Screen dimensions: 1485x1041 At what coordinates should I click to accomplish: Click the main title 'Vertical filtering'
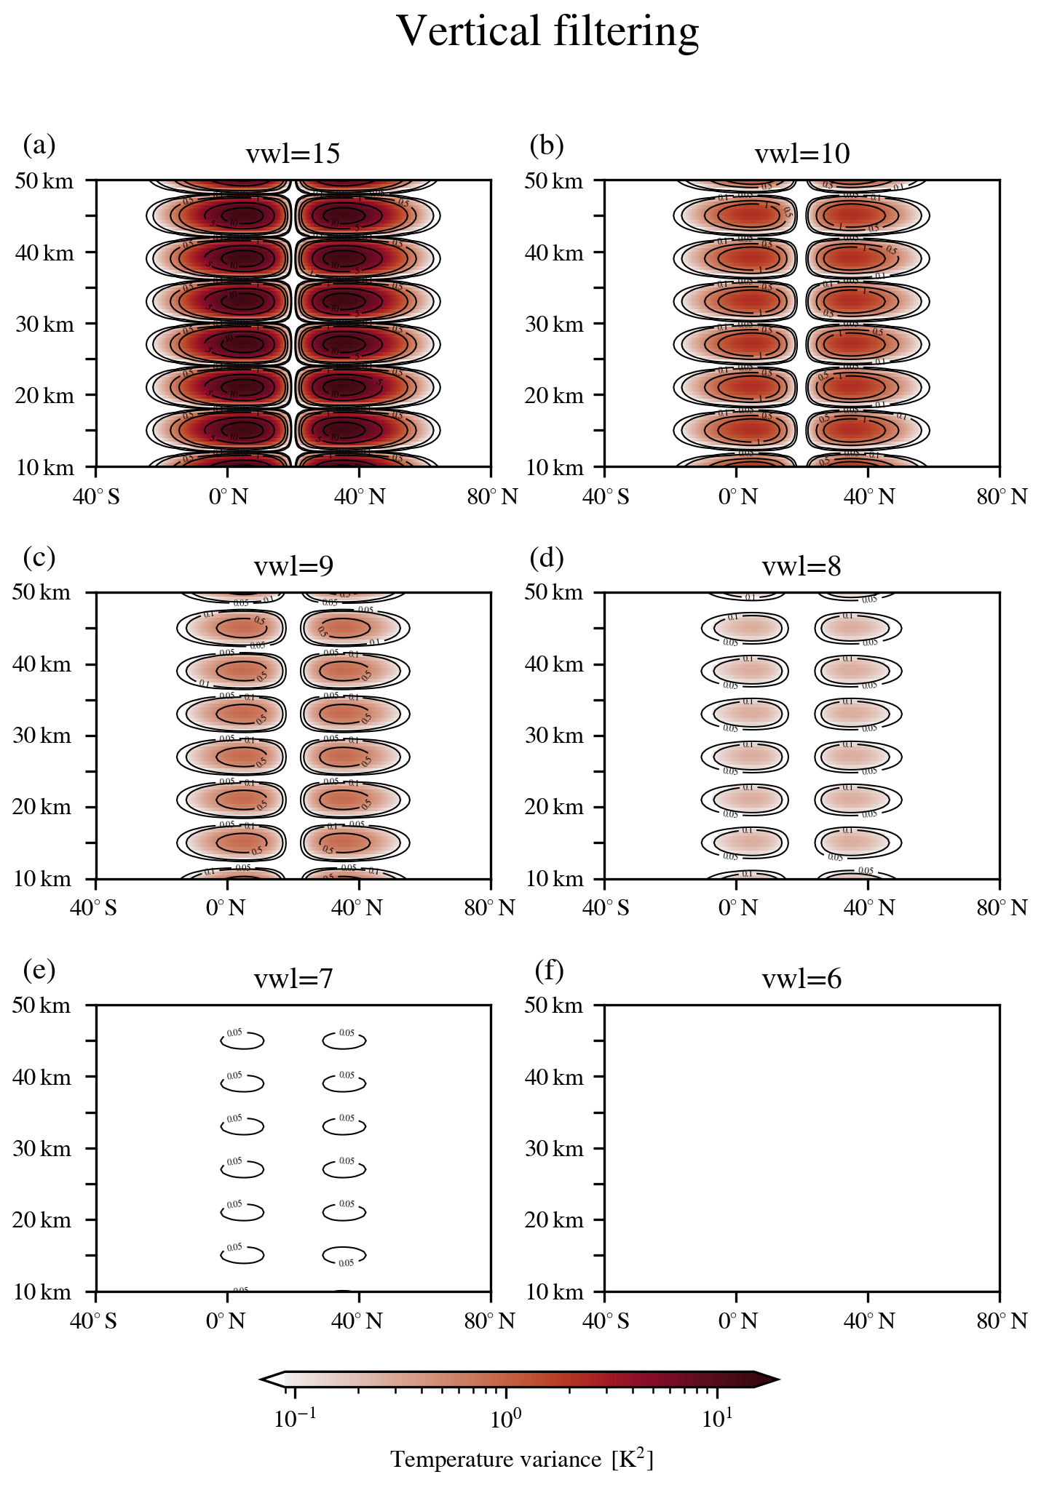pos(547,32)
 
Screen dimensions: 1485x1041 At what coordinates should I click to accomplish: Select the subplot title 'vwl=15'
pos(293,154)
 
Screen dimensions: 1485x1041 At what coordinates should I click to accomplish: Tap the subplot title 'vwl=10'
pos(801,154)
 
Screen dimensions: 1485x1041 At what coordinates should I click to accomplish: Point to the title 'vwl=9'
pos(293,566)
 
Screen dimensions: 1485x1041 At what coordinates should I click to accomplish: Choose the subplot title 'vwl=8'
pos(801,566)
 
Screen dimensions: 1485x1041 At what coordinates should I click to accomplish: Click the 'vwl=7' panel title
pos(293,979)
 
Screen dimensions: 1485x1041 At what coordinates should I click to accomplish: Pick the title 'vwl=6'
pos(801,979)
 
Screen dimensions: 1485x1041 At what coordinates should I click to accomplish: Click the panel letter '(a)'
pos(39,145)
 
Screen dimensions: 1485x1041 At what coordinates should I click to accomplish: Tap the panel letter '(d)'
pos(547,557)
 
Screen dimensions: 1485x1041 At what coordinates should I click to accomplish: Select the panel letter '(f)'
pos(549,970)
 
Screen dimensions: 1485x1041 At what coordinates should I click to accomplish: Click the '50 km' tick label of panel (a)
pos(44,180)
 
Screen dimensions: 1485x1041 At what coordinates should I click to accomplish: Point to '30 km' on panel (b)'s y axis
pos(554,324)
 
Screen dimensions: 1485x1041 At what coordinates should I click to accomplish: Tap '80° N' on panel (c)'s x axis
pos(490,908)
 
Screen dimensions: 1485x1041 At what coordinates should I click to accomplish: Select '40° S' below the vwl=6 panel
pos(606,1321)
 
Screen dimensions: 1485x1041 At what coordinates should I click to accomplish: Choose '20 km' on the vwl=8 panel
pos(554,807)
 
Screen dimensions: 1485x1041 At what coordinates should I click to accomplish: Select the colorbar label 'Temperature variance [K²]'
pos(521,1459)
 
